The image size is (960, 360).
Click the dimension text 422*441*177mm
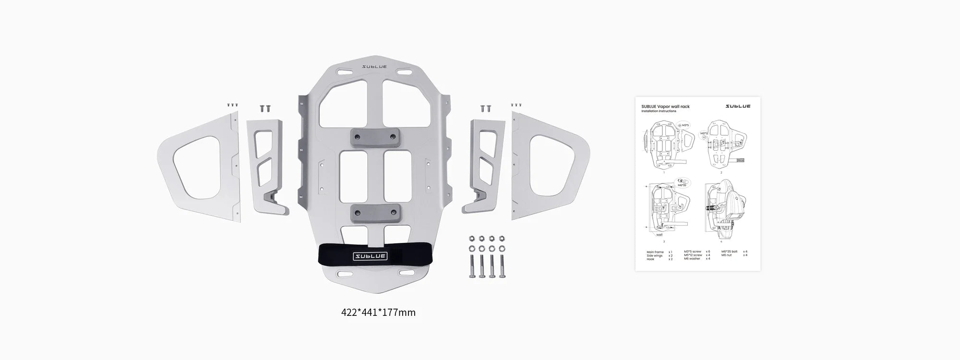(378, 312)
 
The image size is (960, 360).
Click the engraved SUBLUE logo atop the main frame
(374, 67)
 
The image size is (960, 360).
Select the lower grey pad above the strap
(374, 212)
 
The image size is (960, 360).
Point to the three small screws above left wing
(232, 105)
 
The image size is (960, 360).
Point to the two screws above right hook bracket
(486, 108)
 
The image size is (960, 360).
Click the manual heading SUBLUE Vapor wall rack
(665, 107)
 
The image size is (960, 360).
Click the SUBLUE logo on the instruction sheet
(738, 106)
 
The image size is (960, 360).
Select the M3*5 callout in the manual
(684, 125)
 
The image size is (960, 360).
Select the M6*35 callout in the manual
(682, 184)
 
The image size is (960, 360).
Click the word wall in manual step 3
(659, 235)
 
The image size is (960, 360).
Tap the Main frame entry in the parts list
(655, 252)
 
